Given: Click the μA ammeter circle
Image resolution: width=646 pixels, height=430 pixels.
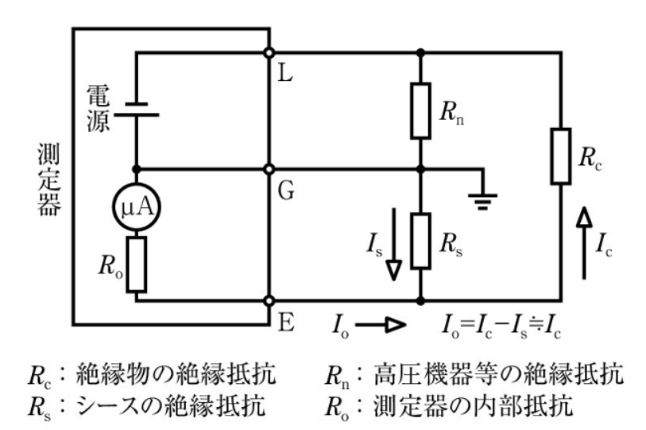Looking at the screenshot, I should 137,208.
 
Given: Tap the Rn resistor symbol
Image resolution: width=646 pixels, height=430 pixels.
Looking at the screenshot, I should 420,110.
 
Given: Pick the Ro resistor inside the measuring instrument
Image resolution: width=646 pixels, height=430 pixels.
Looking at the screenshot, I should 137,263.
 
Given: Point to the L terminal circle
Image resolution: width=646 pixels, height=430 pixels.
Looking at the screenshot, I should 270,52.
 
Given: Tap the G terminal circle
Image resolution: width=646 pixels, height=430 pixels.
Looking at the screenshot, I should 270,169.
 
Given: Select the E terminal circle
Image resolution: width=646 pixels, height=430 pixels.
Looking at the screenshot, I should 270,301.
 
